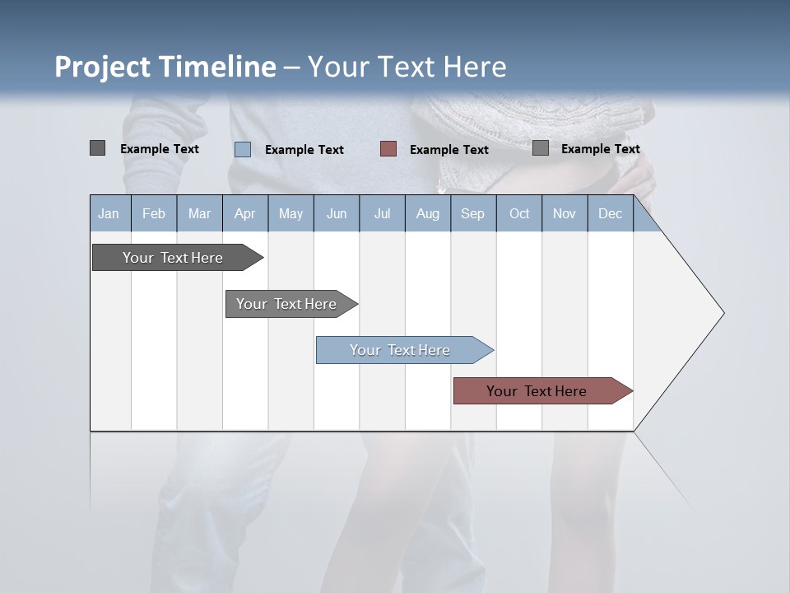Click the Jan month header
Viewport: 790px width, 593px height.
[109, 214]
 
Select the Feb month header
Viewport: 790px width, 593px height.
[154, 214]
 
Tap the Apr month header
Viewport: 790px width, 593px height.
[245, 214]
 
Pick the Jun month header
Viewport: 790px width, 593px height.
[337, 214]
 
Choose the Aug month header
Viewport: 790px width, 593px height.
[428, 214]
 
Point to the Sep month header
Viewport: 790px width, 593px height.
[473, 214]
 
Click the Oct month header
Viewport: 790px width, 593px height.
[519, 214]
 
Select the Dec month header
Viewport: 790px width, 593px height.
[611, 214]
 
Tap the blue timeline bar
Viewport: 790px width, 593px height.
[402, 350]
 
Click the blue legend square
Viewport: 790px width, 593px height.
[243, 149]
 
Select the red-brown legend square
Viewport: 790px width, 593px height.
[388, 149]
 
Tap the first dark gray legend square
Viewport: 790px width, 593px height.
[97, 148]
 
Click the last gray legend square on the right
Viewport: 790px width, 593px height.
[541, 148]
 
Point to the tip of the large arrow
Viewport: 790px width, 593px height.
[723, 313]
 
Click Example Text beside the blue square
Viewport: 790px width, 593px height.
[304, 150]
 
